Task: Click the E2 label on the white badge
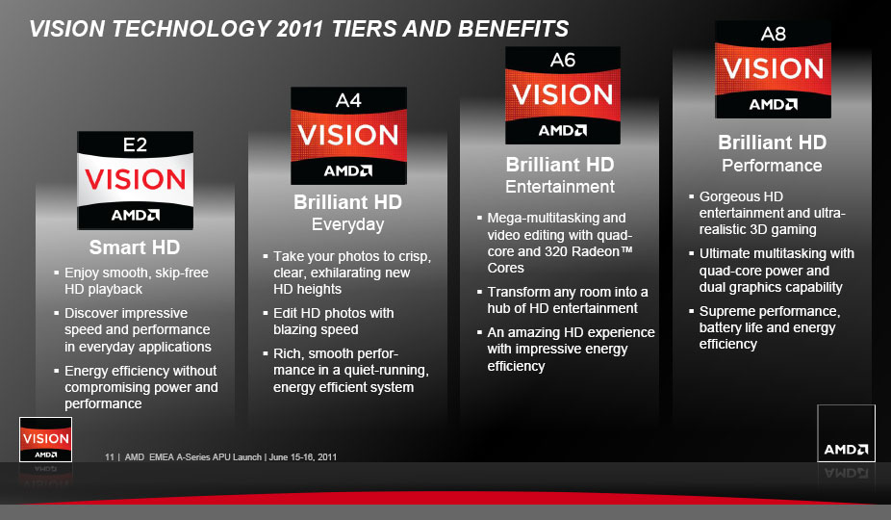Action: [136, 145]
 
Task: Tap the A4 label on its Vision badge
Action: [348, 101]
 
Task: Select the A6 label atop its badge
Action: [563, 60]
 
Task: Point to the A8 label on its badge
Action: [774, 34]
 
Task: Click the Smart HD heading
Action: [135, 247]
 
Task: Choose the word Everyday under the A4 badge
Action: [347, 224]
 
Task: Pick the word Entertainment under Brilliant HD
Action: [560, 187]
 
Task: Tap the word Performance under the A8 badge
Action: [772, 166]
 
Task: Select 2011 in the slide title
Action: [299, 29]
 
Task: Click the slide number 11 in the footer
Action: [109, 456]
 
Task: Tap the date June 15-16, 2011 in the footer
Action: [303, 456]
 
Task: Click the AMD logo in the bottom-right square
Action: [846, 450]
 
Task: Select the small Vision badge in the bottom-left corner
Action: [45, 440]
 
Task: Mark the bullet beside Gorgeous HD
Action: [692, 196]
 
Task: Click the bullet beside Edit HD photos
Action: [266, 313]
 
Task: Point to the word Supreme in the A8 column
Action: [726, 312]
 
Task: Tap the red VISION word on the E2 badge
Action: [136, 180]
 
